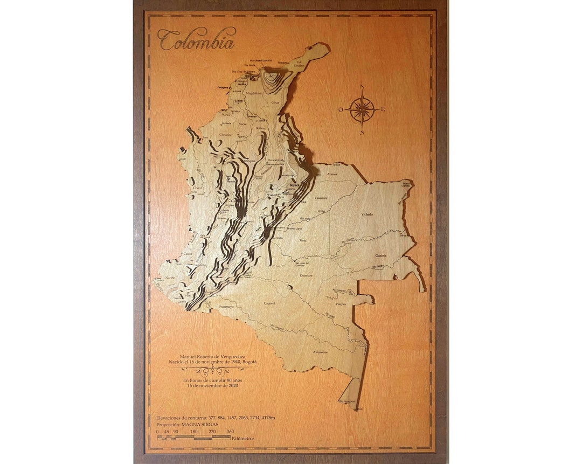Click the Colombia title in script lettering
(x=196, y=40)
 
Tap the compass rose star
(x=362, y=109)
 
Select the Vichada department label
(x=367, y=214)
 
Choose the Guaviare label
(x=306, y=275)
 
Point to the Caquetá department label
(x=269, y=303)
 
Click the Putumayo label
(x=226, y=307)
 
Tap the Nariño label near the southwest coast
(x=171, y=277)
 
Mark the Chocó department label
(x=198, y=188)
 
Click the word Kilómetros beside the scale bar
(x=244, y=438)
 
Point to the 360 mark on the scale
(x=230, y=431)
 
